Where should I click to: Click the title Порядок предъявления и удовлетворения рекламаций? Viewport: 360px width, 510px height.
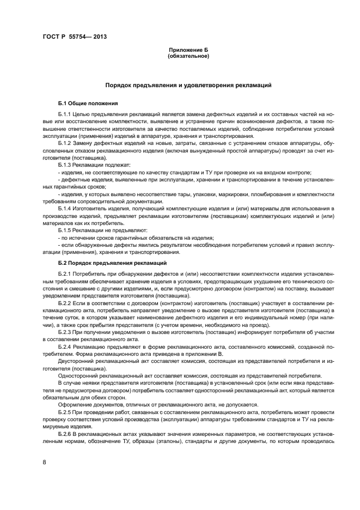tap(188, 86)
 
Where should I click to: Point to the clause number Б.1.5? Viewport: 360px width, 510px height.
tap(64, 229)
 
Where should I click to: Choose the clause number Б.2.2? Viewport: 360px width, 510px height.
tap(64, 302)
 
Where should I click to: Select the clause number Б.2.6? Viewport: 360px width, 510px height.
tap(64, 432)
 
